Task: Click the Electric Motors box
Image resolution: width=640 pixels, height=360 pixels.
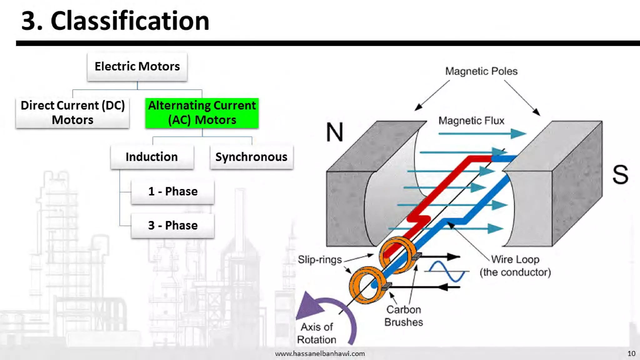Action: (x=137, y=67)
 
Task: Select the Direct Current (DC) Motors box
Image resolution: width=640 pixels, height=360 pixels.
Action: (x=72, y=113)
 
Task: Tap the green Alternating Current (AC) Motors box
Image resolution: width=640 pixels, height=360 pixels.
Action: (x=202, y=113)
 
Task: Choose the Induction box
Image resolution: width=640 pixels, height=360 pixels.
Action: (x=152, y=157)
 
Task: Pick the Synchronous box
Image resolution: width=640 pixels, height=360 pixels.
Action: (x=251, y=157)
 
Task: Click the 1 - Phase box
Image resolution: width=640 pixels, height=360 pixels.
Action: (x=173, y=191)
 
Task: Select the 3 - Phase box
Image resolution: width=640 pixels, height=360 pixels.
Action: (x=173, y=225)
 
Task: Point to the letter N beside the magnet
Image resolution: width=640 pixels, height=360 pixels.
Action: (x=334, y=132)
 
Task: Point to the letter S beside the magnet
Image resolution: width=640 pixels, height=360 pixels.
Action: (x=620, y=174)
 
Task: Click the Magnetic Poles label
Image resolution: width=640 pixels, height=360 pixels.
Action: (x=481, y=71)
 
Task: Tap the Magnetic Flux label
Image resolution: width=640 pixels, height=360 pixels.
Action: (x=471, y=121)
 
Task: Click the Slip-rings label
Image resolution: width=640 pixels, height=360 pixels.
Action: (x=320, y=260)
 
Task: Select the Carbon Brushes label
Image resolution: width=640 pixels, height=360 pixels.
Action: (x=403, y=316)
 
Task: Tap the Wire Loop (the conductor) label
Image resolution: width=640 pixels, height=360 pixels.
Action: (x=515, y=266)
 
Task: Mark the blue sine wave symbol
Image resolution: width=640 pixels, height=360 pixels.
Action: (x=447, y=271)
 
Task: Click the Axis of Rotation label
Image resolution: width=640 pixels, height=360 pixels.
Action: (x=317, y=333)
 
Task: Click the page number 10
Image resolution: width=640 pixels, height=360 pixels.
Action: (x=631, y=353)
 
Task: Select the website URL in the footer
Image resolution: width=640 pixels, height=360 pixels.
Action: (x=320, y=353)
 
